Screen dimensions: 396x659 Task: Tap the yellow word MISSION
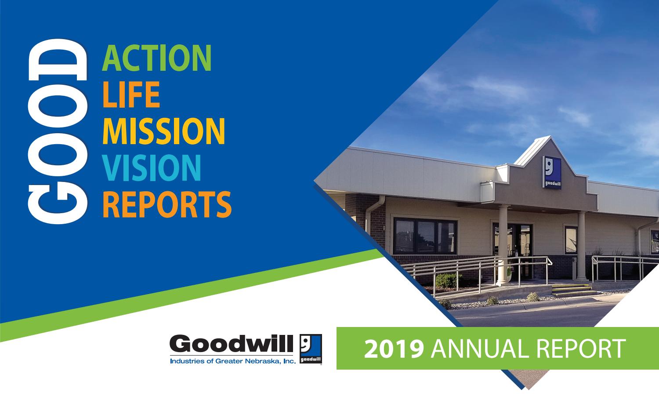(x=163, y=131)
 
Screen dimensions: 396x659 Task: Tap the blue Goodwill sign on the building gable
(x=551, y=172)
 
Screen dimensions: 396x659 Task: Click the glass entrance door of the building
(x=523, y=244)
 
